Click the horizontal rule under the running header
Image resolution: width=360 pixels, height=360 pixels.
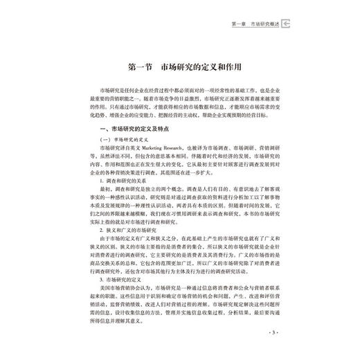180,30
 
